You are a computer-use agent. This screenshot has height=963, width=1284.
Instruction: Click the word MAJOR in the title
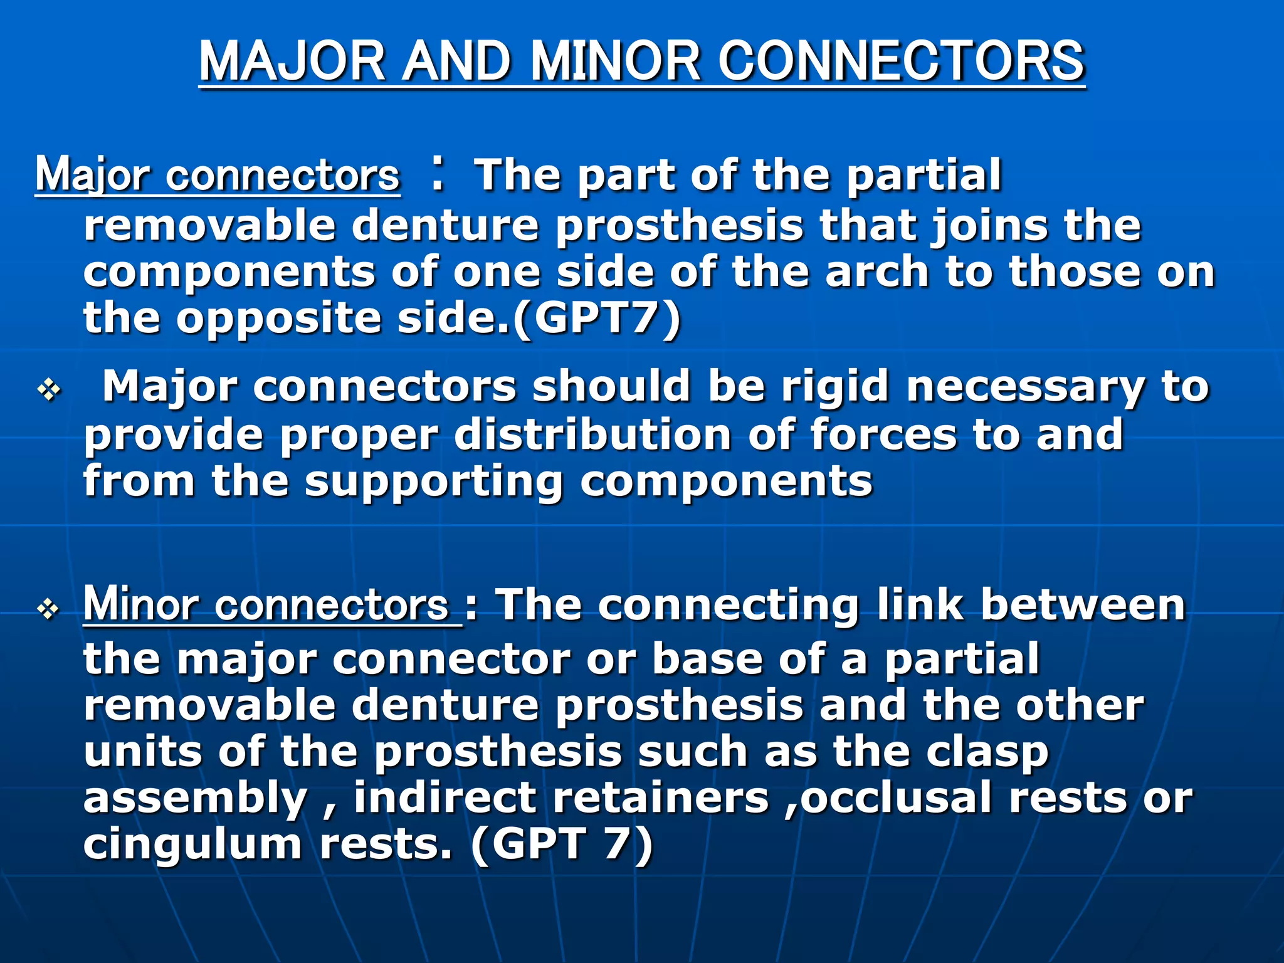(292, 61)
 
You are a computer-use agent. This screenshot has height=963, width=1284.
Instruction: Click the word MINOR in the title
(615, 61)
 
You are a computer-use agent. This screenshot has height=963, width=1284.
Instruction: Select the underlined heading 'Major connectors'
(217, 175)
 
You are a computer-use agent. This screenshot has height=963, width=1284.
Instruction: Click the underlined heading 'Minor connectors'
(266, 606)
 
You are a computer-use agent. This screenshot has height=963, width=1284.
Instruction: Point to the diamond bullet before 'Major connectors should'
(49, 391)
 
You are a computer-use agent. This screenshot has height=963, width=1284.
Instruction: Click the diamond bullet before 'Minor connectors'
(49, 609)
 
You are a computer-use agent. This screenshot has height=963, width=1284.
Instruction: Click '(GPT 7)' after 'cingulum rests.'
(562, 844)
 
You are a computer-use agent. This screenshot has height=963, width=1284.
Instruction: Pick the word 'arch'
(876, 272)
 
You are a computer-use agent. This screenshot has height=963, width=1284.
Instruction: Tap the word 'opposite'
(278, 320)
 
